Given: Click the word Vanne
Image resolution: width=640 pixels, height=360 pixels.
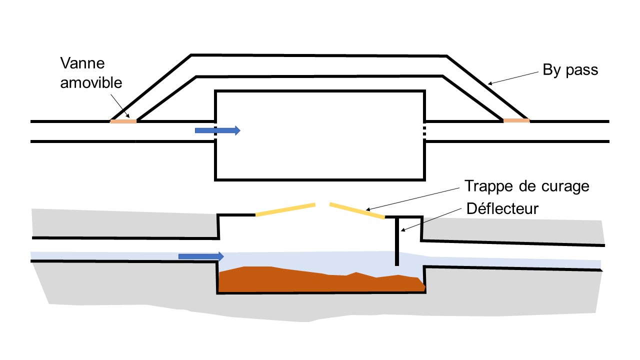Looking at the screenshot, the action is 82,63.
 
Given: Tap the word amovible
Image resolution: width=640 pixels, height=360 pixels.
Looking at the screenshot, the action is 91,83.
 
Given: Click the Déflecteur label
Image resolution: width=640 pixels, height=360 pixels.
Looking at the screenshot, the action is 502,208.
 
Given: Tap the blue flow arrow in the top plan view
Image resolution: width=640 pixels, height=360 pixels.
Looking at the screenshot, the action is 217,130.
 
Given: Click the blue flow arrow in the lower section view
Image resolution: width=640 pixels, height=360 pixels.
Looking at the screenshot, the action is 201,256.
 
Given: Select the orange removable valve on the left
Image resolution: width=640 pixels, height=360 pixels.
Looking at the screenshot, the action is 123,121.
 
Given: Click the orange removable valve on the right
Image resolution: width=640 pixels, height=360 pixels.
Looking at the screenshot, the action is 516,120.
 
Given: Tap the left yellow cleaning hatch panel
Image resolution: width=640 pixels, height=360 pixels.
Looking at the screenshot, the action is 285,209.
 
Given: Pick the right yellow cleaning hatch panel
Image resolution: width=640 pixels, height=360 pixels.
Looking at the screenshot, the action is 357,210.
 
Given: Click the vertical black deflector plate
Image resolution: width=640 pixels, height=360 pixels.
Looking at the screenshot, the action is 397,241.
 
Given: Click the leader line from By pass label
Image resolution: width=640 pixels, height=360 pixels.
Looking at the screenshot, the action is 513,78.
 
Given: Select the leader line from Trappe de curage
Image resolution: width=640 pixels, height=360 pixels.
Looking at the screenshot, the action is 412,199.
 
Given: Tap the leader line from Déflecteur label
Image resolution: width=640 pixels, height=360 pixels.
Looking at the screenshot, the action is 431,219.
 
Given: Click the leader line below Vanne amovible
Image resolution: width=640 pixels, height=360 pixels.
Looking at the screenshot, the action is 120,106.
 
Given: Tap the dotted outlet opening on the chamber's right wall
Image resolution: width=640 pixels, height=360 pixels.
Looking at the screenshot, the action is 424,131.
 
